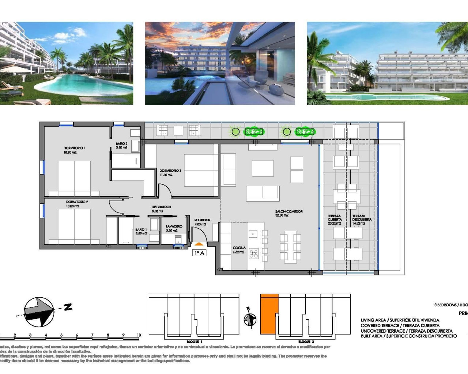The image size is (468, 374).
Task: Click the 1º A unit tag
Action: point(199,252)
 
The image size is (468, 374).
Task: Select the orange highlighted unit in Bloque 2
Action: point(269,314)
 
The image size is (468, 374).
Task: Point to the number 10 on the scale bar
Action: point(139,335)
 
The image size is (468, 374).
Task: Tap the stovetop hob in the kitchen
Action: point(254,253)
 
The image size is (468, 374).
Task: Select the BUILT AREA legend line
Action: point(408,336)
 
